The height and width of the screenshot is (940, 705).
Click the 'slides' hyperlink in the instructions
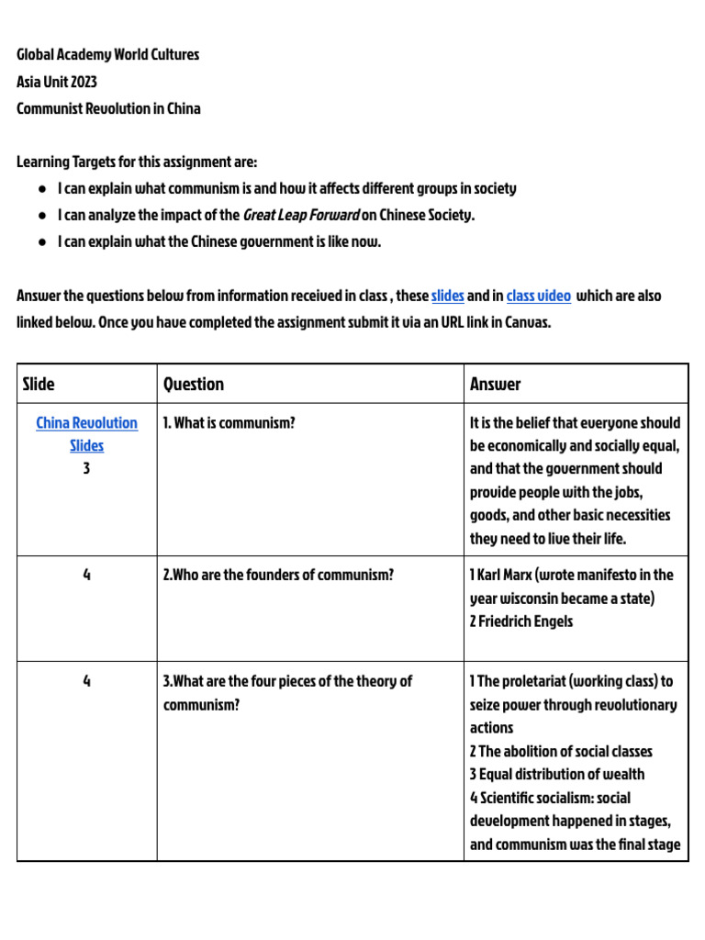(x=448, y=297)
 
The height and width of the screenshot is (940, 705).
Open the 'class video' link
(x=538, y=297)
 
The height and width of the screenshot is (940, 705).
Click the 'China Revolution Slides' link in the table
(x=86, y=434)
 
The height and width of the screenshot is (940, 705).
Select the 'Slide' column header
(x=39, y=385)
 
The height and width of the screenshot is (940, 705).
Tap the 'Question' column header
(x=194, y=385)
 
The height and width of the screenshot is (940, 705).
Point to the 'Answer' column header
(x=495, y=385)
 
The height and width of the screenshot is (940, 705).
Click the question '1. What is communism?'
(x=229, y=423)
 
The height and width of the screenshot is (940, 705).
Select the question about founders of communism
(x=278, y=576)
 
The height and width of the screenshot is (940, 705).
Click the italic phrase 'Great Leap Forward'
(x=300, y=216)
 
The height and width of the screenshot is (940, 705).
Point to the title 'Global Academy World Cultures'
(x=108, y=55)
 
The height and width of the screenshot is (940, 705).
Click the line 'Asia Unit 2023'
(x=57, y=82)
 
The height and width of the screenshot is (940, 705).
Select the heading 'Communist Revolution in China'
(x=108, y=108)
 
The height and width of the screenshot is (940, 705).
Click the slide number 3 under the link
(x=86, y=469)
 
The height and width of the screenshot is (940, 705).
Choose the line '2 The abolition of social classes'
(x=561, y=751)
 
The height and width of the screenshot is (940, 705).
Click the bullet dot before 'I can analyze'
(x=43, y=216)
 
